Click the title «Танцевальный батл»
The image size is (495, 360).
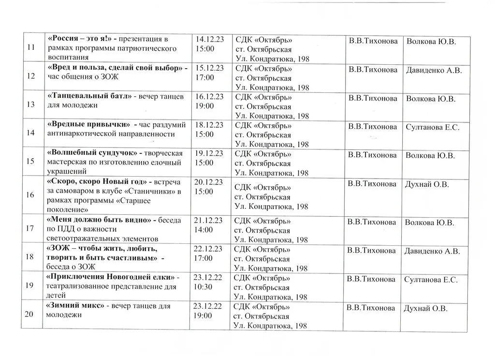coord(90,96)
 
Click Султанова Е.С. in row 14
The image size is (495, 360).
coord(432,128)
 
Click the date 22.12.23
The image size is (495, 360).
coord(208,249)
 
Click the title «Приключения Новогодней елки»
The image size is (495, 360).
coord(111,278)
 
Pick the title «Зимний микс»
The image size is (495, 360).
coord(75,306)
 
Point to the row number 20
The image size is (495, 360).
coord(29,315)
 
